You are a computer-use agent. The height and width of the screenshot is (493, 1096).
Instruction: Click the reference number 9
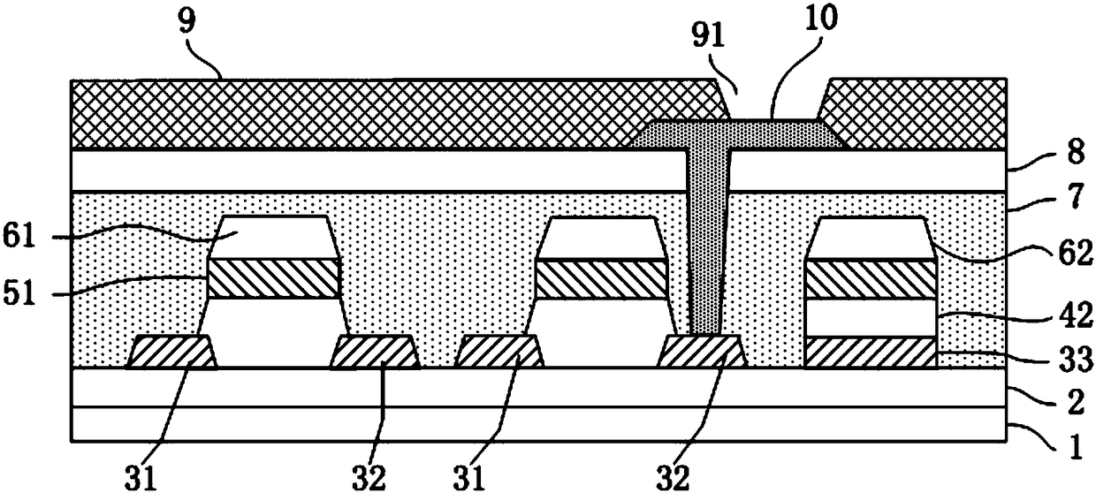[x=186, y=21]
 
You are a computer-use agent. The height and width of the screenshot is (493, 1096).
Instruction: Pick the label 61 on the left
[x=19, y=237]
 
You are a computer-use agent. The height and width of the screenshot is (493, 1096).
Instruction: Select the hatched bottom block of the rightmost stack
[x=871, y=353]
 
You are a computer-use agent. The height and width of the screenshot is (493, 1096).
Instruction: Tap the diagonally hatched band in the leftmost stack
[x=274, y=279]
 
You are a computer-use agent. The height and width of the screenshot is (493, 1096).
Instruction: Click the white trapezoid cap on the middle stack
[x=601, y=238]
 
